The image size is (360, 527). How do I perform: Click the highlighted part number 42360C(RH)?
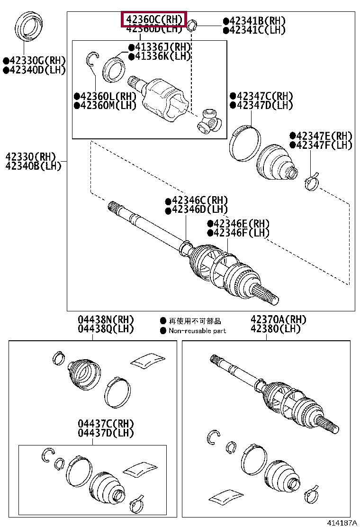click(154, 19)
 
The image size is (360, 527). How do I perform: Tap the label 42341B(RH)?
click(257, 21)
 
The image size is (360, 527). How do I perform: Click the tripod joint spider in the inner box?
click(209, 121)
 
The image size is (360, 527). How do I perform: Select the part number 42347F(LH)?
click(324, 145)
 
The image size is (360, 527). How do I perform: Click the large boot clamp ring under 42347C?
click(245, 142)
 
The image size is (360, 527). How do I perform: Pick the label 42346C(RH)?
click(199, 200)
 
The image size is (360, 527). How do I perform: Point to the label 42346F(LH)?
click(241, 233)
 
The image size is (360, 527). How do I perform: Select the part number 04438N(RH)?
click(106, 320)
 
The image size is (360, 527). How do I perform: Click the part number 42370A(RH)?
click(279, 320)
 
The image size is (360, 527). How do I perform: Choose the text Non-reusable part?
click(197, 331)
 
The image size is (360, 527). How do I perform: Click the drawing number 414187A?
click(341, 522)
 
